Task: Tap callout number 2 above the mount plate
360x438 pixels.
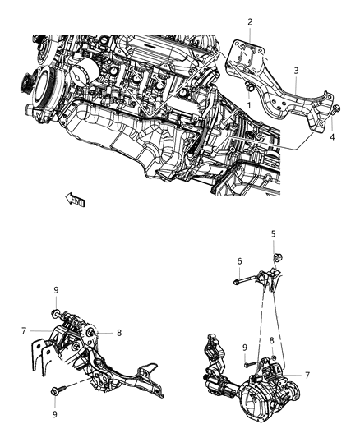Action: coord(251,22)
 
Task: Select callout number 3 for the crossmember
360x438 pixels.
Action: coord(297,71)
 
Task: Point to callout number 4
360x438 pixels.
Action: coord(333,138)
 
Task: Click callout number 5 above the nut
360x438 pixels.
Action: coord(274,233)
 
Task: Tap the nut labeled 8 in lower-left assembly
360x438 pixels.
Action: coord(98,332)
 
